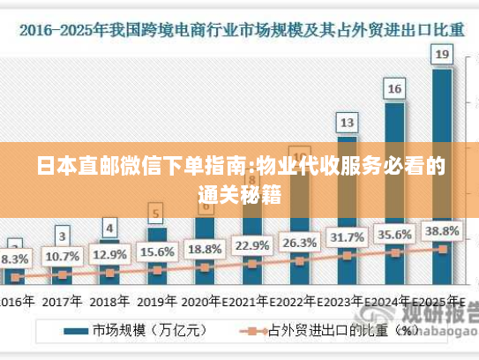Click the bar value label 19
pos(442,55)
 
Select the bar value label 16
pos(394,88)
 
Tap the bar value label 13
pos(348,122)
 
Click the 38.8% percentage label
pos(442,230)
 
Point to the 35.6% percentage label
pos(394,235)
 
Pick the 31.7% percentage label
pos(348,238)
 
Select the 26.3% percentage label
pos(300,242)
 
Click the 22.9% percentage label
pos(252,244)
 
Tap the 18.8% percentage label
pos(205,248)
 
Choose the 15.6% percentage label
pos(157,251)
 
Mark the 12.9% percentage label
pos(109,254)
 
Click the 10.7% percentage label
pos(62,257)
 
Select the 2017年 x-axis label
pos(62,301)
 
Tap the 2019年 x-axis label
pos(157,301)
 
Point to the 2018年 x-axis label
pos(109,301)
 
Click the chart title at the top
pos(239,29)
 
